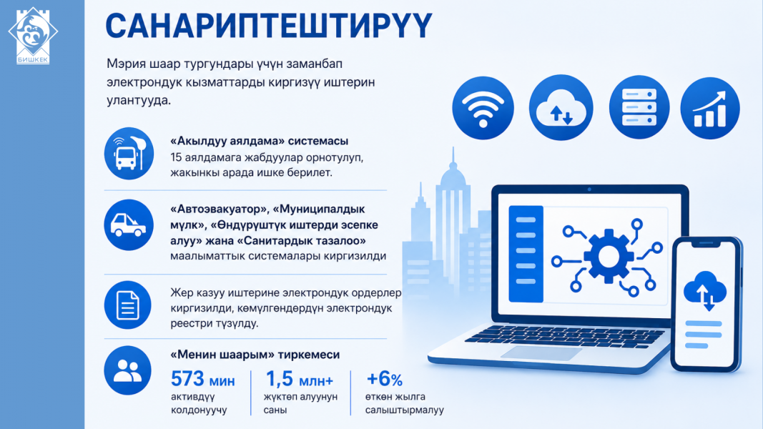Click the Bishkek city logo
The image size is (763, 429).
(x=33, y=36)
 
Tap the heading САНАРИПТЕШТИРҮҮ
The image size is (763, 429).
(x=269, y=26)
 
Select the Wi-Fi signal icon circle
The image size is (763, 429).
(x=483, y=108)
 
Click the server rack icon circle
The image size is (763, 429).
(x=639, y=107)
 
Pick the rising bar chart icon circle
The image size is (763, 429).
(x=710, y=108)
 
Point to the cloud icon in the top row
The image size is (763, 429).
(x=561, y=107)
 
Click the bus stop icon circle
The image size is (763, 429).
(x=129, y=154)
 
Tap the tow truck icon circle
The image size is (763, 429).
(x=129, y=225)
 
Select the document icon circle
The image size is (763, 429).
(x=128, y=305)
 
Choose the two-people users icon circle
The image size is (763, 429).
(x=127, y=370)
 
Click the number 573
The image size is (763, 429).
(x=187, y=379)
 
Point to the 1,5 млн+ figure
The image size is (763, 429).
(x=299, y=379)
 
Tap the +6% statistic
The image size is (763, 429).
(x=385, y=379)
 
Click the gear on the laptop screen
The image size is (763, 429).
(x=609, y=257)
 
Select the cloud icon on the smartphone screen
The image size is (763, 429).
(x=705, y=290)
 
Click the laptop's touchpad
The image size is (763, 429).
(x=541, y=354)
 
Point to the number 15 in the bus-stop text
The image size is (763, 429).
(x=176, y=157)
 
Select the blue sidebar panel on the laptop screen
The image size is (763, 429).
(x=526, y=254)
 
